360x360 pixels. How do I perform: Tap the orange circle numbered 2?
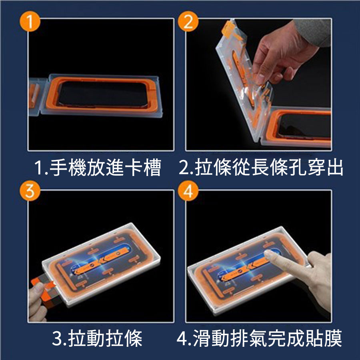188,21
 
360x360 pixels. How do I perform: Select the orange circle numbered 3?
30,191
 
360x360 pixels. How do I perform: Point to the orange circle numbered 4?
188,191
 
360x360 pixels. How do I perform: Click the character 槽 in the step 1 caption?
152,168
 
